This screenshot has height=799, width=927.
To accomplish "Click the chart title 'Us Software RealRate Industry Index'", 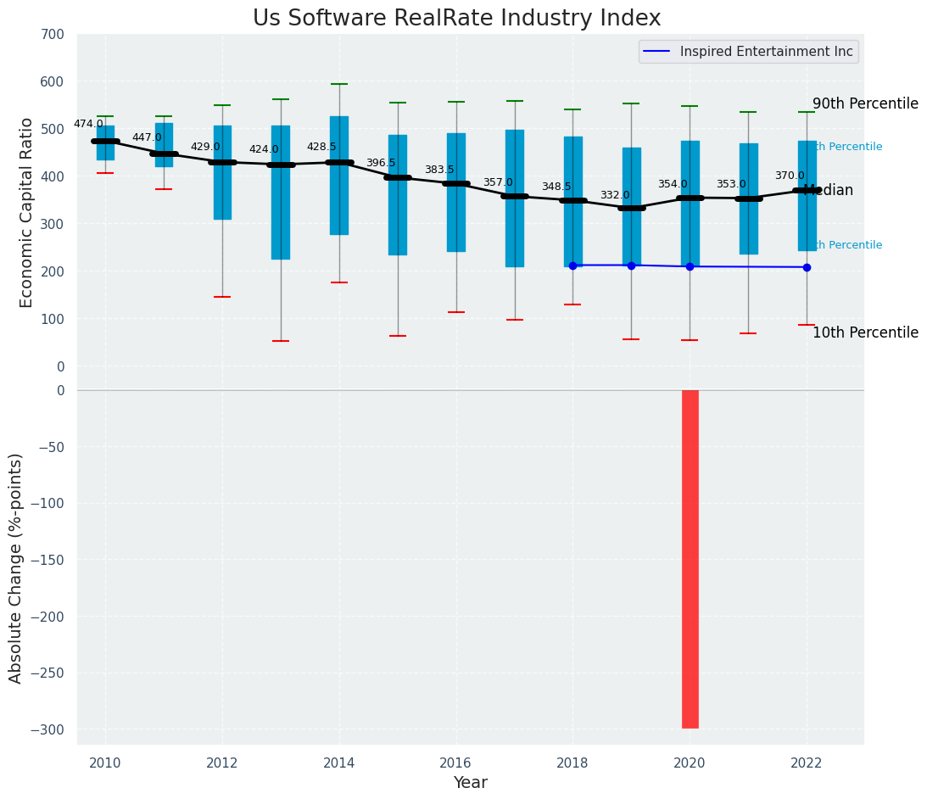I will point(456,19).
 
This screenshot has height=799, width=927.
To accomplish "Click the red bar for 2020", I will point(690,559).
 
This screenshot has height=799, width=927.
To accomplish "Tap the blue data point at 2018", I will point(572,265).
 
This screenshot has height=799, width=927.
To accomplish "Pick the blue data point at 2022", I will point(807,267).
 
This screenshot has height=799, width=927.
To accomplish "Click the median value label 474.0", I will point(88,124).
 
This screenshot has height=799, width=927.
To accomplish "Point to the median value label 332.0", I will point(615,195).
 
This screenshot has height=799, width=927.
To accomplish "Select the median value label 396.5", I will point(381,163).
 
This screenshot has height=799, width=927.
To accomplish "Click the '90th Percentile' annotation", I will point(865,103).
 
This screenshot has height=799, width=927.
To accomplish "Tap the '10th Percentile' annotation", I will point(865,332).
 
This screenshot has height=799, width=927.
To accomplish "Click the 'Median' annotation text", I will point(829,191).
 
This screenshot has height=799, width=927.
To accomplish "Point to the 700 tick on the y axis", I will point(52,35).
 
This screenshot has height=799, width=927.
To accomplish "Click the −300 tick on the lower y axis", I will point(47,729).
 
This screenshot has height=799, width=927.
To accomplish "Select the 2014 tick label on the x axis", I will point(339,762).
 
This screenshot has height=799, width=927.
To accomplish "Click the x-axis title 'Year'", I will point(470,783).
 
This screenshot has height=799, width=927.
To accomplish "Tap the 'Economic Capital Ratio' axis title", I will point(26,212).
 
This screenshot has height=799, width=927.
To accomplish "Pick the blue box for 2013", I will point(281,193).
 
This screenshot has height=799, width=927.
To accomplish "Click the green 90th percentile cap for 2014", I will point(339,84).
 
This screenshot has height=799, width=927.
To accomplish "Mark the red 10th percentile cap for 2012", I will point(222,297).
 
